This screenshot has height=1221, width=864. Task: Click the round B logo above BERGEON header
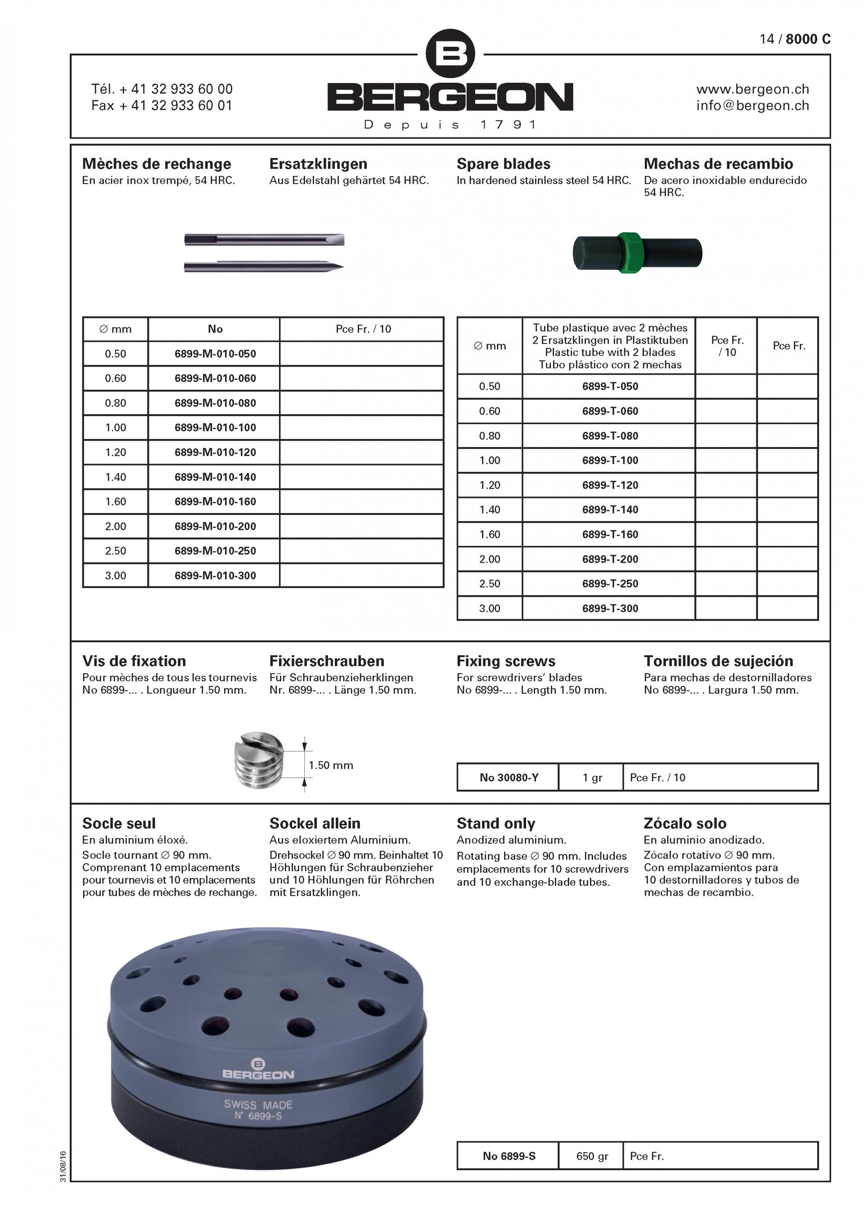(450, 54)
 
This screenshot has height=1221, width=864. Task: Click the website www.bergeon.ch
(752, 89)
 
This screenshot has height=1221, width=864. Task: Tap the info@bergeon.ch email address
(752, 106)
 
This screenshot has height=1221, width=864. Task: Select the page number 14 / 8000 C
(795, 40)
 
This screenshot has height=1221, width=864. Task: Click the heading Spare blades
(503, 164)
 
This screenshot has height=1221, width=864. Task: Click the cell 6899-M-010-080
(215, 403)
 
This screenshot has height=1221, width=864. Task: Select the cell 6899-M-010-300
(215, 575)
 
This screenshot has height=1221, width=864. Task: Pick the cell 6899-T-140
(610, 510)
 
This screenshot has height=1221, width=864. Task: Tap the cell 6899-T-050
(610, 387)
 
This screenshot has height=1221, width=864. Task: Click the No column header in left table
(215, 329)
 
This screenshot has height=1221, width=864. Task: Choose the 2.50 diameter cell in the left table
(116, 551)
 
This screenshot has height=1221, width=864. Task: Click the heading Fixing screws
(505, 661)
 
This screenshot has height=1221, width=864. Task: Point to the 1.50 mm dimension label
(331, 765)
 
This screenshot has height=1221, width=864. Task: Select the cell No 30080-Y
(508, 778)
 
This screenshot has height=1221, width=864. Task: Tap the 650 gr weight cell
(592, 1156)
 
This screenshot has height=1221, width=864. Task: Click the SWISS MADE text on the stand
(258, 1105)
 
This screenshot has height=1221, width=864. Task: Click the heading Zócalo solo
(685, 823)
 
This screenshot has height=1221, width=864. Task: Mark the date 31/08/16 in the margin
(63, 1166)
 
